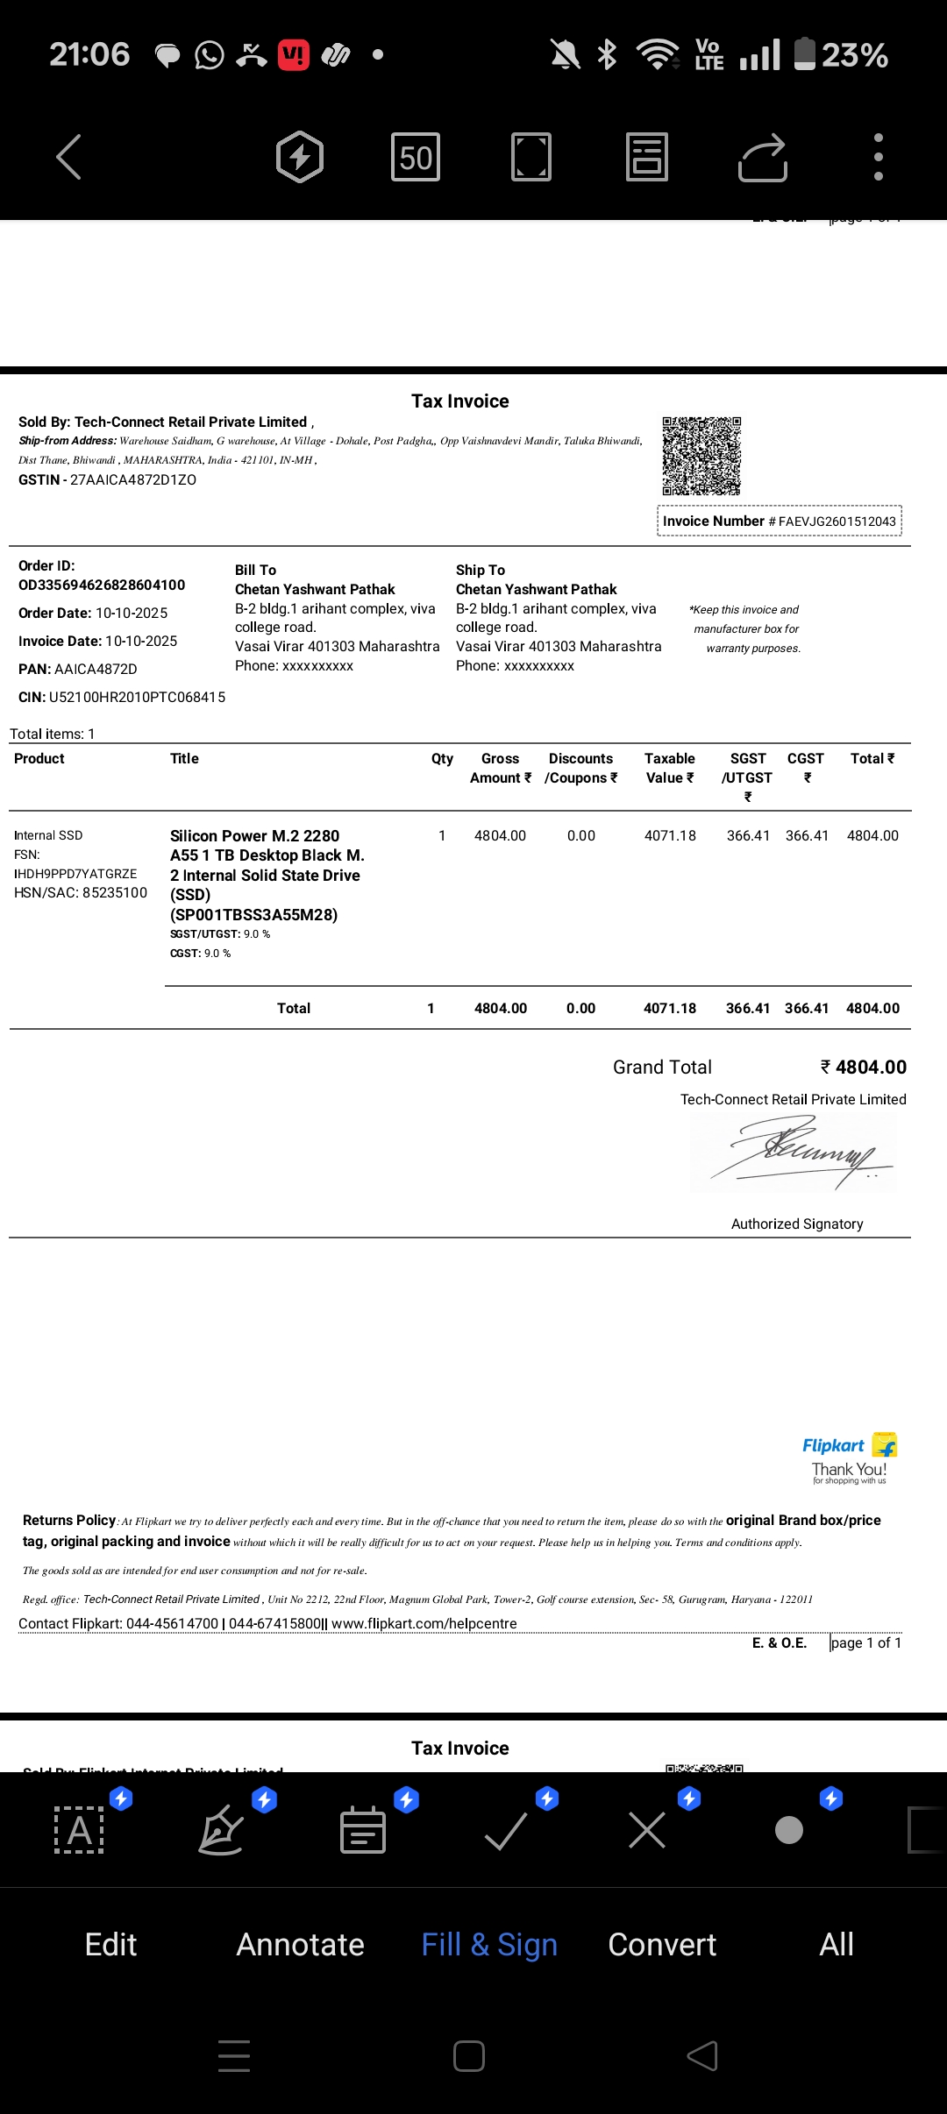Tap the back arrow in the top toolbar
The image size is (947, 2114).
coord(69,157)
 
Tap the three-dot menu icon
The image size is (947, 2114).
coord(878,157)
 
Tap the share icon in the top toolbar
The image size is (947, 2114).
coord(762,158)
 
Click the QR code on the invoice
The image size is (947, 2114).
coord(701,456)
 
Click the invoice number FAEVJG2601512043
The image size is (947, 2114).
coord(837,521)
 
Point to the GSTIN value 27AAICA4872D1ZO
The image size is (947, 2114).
coord(133,480)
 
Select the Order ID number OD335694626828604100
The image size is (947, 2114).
coord(102,585)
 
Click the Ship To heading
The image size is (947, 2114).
coord(481,571)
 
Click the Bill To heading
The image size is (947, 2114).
coord(255,571)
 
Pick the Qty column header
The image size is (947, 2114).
coord(442,759)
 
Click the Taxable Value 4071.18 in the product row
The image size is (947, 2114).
coord(670,836)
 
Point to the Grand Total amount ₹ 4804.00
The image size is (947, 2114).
coord(863,1068)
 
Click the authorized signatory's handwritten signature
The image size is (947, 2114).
coord(798,1153)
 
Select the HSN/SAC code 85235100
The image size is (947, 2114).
coord(115,893)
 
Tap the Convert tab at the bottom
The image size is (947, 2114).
coord(662,1945)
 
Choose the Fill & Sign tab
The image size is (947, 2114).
coord(489,1945)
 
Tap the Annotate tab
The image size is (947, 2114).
coord(300,1945)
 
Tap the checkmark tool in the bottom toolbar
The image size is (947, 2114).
coord(506,1831)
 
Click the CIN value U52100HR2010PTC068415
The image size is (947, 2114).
coord(137,698)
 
